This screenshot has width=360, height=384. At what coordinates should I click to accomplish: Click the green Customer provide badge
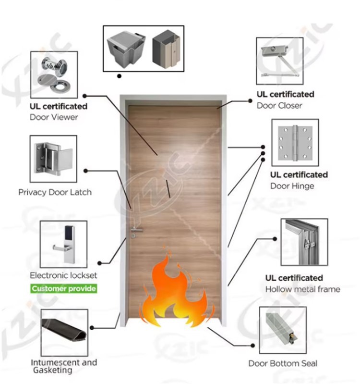[63, 289]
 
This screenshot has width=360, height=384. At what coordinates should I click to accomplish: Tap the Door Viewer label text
[54, 117]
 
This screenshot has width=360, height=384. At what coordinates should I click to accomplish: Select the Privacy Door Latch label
[55, 192]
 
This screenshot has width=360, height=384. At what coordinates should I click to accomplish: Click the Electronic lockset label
[63, 275]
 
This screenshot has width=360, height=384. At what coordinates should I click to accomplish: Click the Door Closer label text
[279, 105]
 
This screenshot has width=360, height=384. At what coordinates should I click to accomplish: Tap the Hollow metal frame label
[302, 289]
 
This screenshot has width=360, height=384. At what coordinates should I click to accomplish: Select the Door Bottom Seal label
[283, 363]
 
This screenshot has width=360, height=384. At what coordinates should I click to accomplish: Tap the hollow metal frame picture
[304, 243]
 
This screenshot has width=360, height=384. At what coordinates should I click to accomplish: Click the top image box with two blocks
[143, 49]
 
